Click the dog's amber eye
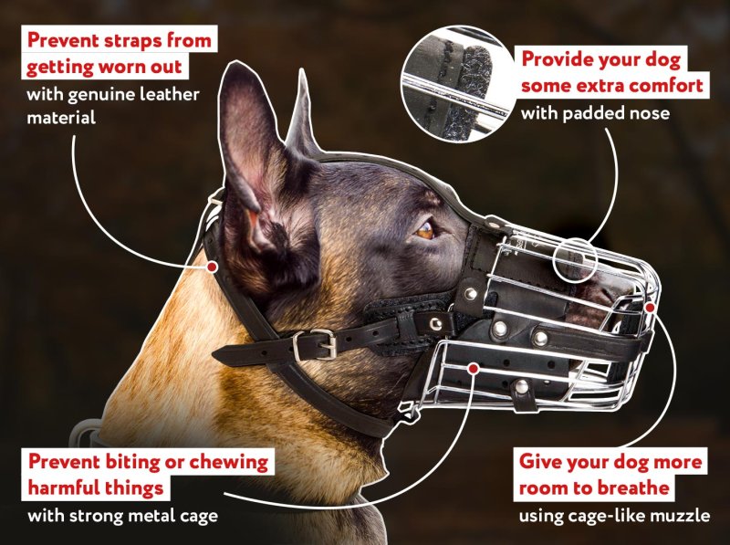424,230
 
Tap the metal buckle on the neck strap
315,345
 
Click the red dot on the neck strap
212,267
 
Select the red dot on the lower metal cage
474,369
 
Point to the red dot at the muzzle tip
651,307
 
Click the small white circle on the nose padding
576,259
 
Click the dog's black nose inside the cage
613,291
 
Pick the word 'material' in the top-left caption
61,118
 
